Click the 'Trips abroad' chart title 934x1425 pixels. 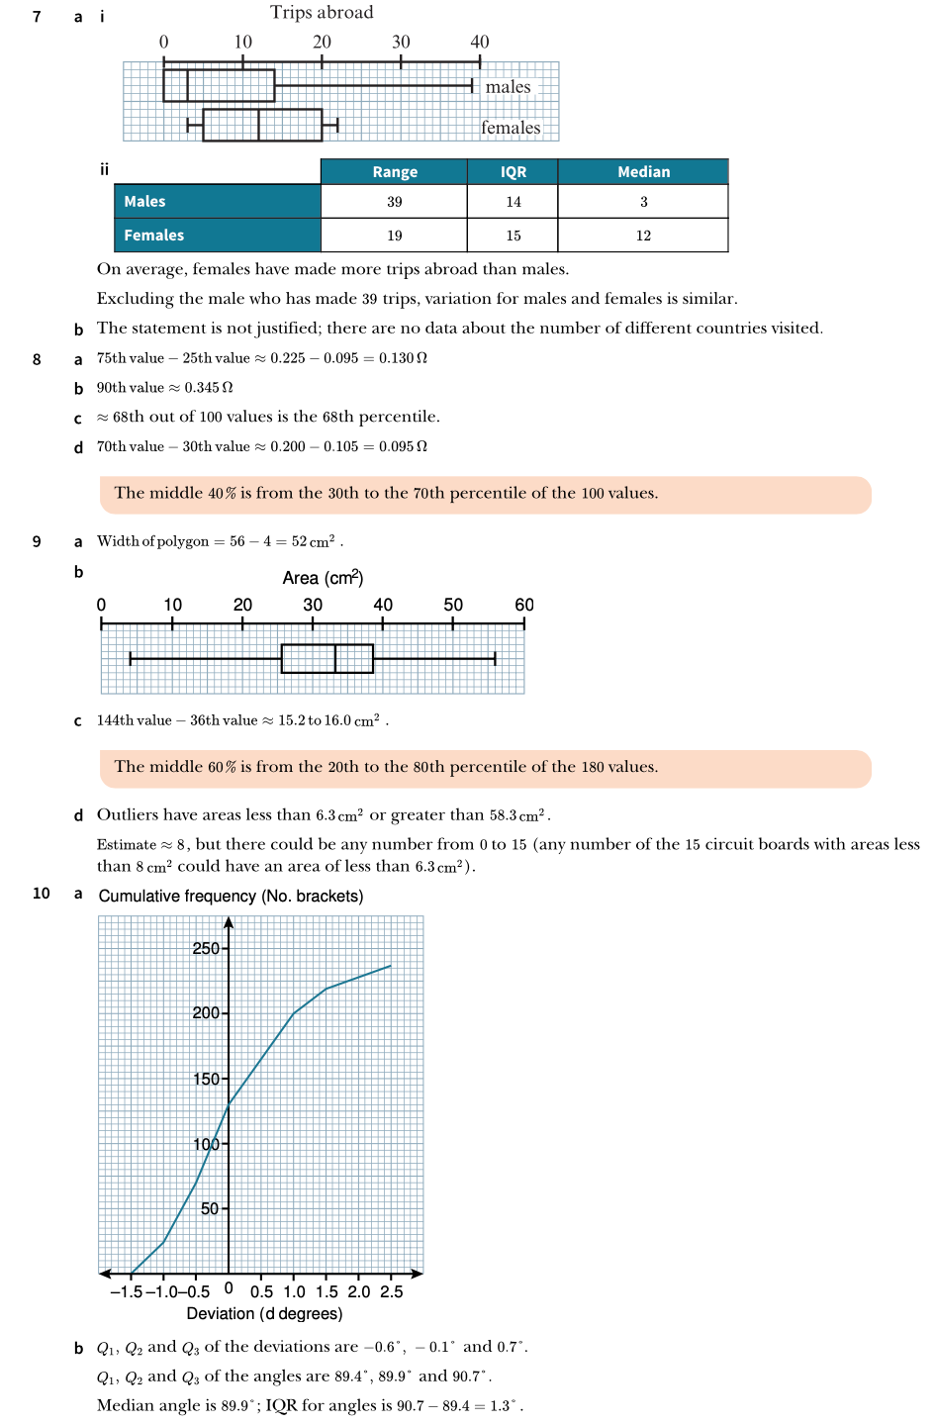pyautogui.click(x=322, y=13)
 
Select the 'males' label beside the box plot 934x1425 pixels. pyautogui.click(x=508, y=87)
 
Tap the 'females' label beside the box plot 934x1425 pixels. pyautogui.click(x=511, y=128)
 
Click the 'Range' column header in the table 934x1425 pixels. pyautogui.click(x=395, y=172)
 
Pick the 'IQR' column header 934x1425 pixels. pyautogui.click(x=513, y=172)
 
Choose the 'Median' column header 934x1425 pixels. pyautogui.click(x=643, y=172)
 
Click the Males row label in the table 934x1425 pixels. pyautogui.click(x=144, y=202)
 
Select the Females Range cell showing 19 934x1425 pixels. pyautogui.click(x=395, y=236)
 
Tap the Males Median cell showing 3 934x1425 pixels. pyautogui.click(x=643, y=202)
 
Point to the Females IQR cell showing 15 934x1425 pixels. pyautogui.click(x=513, y=236)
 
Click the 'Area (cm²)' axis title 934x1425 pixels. pyautogui.click(x=323, y=578)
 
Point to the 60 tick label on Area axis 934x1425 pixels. pyautogui.click(x=523, y=605)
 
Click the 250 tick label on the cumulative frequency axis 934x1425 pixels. pyautogui.click(x=206, y=948)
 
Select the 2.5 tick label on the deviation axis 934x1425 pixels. pyautogui.click(x=392, y=1291)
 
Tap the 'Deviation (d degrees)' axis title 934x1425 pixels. pyautogui.click(x=264, y=1313)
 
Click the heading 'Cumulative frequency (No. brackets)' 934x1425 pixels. pyautogui.click(x=231, y=896)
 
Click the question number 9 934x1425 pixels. pyautogui.click(x=37, y=541)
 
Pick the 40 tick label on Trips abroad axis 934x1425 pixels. pyautogui.click(x=480, y=42)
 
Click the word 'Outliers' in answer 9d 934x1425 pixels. pyautogui.click(x=128, y=814)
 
